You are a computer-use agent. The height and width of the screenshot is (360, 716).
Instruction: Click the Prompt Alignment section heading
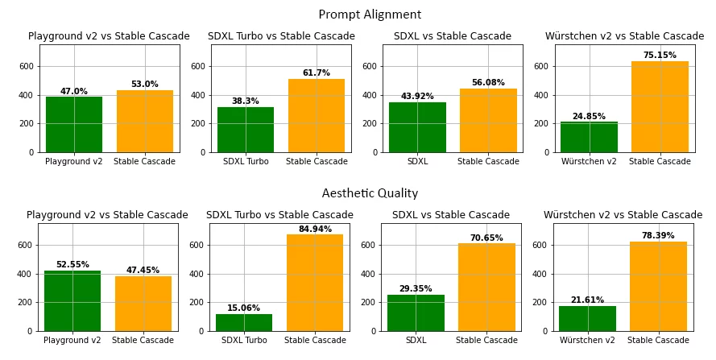pos(370,15)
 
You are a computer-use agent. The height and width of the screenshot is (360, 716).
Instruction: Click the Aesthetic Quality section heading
pos(370,194)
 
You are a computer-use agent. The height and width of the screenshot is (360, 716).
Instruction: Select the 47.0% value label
pos(74,92)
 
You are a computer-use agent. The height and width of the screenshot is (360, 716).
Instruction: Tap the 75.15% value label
pos(660,56)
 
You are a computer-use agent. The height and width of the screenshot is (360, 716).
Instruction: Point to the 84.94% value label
pos(315,230)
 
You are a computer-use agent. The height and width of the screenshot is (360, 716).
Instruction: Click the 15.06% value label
pos(244,308)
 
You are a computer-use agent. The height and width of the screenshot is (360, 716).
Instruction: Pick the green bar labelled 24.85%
pos(589,137)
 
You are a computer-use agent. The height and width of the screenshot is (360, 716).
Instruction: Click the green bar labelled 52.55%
pos(72,300)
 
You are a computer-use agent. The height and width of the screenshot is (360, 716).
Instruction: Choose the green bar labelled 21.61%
pos(587,318)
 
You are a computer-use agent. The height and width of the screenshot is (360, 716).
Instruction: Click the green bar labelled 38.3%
pos(246,129)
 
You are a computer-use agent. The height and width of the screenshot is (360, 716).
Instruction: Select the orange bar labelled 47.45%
pos(143,303)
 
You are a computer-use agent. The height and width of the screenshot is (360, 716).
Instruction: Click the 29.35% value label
pos(416,289)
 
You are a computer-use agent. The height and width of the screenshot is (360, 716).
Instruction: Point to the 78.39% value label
pos(658,236)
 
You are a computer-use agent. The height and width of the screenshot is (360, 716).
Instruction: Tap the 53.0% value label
pos(145,85)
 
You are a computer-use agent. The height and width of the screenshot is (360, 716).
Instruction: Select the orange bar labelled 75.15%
pos(660,106)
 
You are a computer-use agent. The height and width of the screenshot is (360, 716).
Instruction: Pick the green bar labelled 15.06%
pos(244,322)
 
